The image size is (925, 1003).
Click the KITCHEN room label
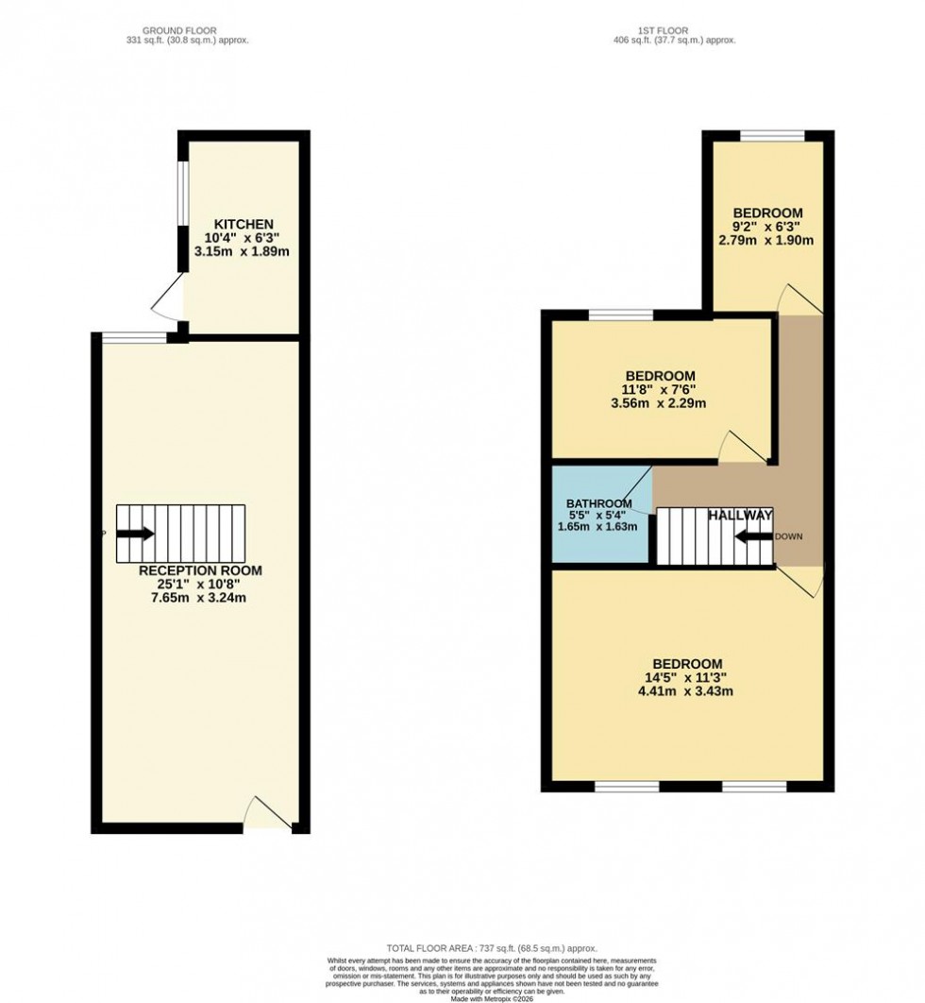(243, 224)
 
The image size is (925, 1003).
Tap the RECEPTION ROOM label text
(200, 570)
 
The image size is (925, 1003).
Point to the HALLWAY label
(741, 515)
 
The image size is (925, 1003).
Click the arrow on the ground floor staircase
(135, 534)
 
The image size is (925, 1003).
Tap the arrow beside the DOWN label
(752, 536)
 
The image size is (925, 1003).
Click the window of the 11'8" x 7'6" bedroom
(619, 314)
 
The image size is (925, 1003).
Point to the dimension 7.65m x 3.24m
(200, 598)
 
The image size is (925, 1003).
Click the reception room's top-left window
(130, 337)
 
